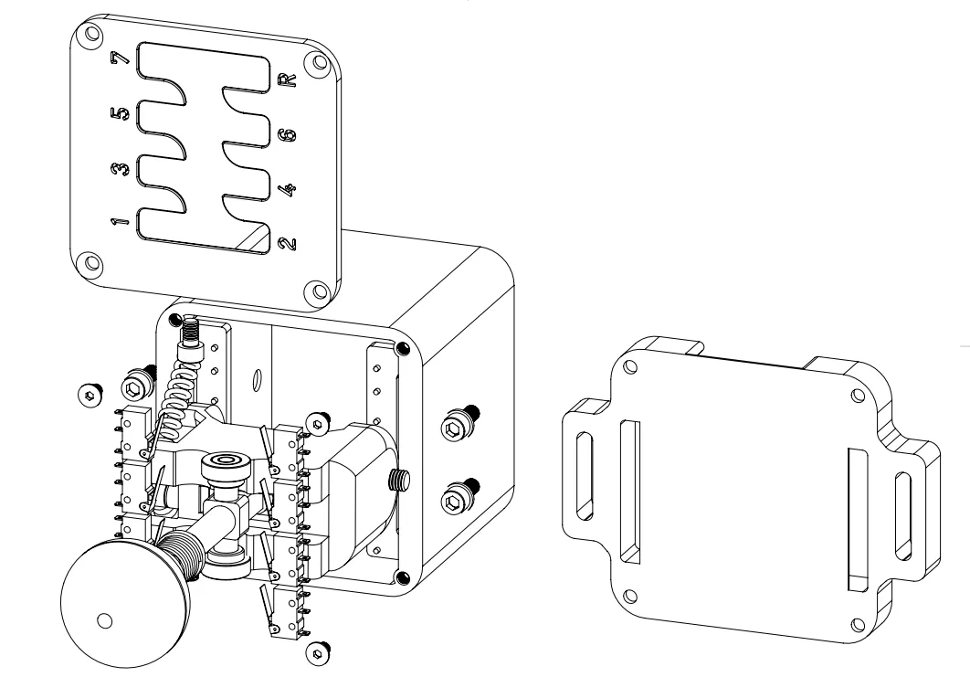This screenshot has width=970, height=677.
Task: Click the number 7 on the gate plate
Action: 120,58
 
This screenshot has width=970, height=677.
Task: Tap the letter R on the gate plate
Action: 288,79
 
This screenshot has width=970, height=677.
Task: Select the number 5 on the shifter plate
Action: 120,114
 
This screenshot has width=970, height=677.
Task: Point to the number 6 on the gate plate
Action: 288,135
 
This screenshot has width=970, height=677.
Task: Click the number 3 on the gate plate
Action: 120,169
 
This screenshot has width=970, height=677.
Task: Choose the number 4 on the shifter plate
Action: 288,189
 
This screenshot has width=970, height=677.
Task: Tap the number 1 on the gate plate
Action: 120,221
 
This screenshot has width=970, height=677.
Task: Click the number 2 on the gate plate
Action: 288,244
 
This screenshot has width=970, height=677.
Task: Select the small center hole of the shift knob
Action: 105,620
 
